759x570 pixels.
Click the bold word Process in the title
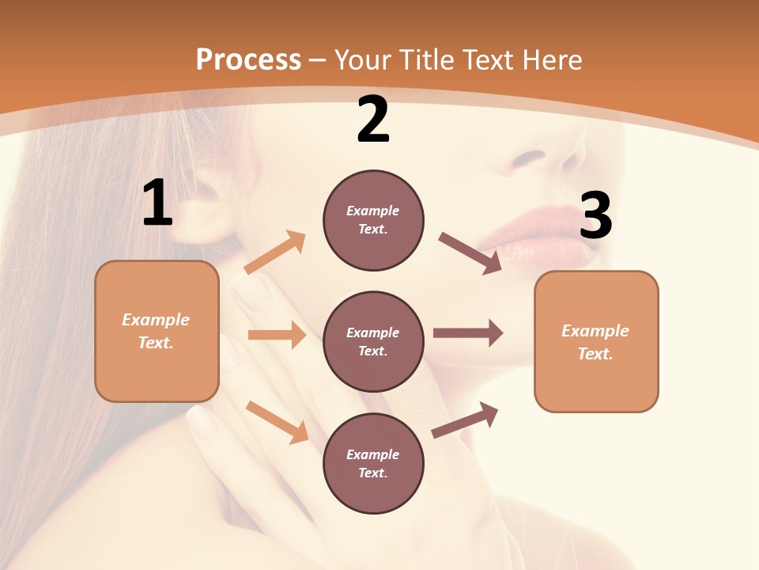tap(248, 59)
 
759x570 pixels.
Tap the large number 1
tap(157, 203)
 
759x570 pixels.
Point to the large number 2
tap(373, 120)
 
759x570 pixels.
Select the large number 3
tap(595, 216)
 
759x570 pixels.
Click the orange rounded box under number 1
tap(157, 331)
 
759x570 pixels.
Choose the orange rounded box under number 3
tap(596, 341)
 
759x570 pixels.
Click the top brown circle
tap(373, 220)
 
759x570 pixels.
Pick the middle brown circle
tap(373, 341)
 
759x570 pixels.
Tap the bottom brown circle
tap(373, 463)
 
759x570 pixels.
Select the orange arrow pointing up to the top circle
tap(275, 253)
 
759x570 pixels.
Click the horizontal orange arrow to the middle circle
tap(277, 335)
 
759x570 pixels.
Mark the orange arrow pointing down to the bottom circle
tap(277, 421)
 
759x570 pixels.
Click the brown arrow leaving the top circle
tap(470, 253)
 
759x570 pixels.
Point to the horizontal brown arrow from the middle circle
tap(468, 332)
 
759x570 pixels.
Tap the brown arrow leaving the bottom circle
tap(465, 420)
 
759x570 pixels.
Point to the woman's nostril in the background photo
tap(528, 157)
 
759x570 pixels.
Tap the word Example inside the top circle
tap(373, 211)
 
